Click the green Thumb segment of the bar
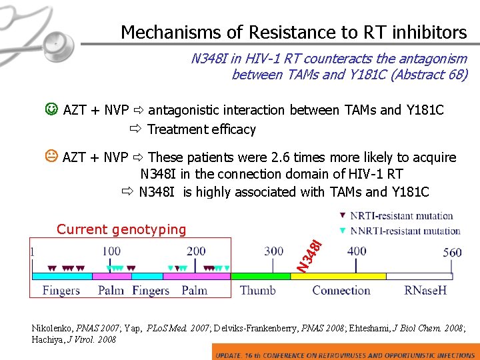260,275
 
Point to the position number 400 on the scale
357,251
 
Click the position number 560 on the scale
453,252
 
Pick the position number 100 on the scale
111,251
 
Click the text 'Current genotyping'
121,230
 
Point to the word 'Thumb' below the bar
257,291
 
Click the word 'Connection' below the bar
341,291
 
